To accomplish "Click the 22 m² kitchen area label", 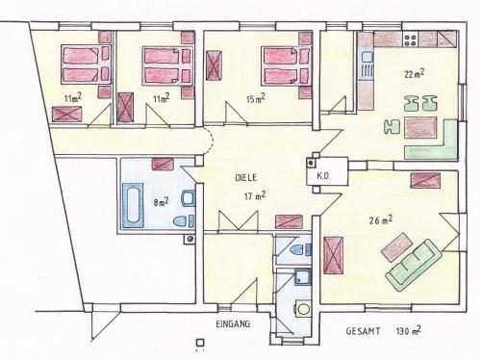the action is click(x=415, y=74).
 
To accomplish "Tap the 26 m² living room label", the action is click(x=380, y=220).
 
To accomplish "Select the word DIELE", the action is click(x=246, y=178).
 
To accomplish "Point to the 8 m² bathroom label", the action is click(x=162, y=201).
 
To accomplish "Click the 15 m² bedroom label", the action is click(x=255, y=98).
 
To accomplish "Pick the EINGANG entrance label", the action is click(x=233, y=323).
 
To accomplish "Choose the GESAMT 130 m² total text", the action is click(x=383, y=330).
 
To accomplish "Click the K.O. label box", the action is click(x=323, y=176).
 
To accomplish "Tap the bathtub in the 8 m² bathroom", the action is click(x=133, y=205).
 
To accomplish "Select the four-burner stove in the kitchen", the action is click(x=411, y=39).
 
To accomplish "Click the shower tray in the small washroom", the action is click(x=302, y=276).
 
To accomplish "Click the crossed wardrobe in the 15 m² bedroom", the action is click(x=214, y=65).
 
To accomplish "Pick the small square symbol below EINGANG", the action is click(x=200, y=343).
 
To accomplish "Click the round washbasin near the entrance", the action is click(x=302, y=309).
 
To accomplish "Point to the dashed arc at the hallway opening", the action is click(x=212, y=140).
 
